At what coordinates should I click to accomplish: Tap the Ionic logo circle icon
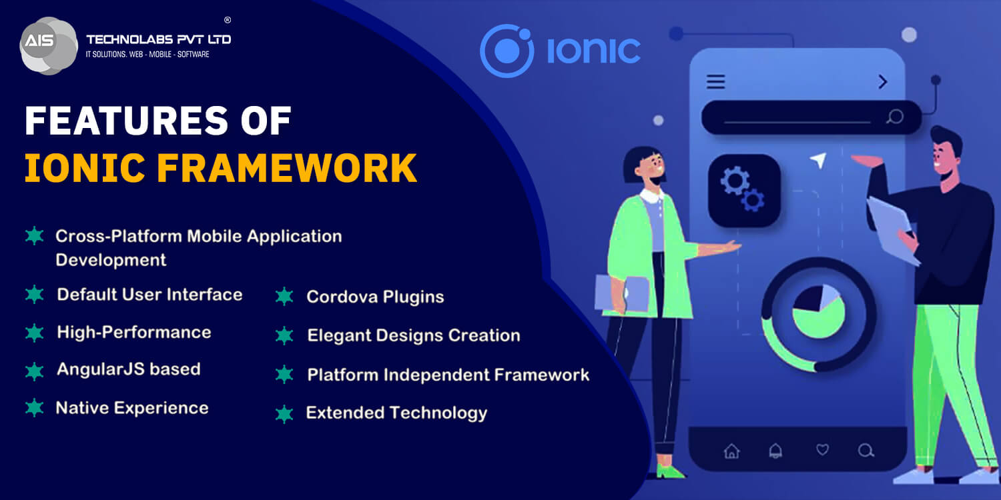[507, 51]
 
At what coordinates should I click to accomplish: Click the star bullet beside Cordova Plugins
[284, 297]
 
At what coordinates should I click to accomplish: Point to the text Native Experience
[132, 408]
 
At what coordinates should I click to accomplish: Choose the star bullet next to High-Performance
[34, 333]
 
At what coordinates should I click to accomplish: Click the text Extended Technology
[396, 413]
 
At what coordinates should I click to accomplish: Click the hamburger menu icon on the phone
[716, 81]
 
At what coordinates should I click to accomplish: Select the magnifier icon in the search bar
[895, 117]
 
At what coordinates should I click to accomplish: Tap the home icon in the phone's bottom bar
[732, 451]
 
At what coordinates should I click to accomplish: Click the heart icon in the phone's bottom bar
[822, 450]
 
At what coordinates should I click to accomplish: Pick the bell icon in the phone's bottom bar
[775, 451]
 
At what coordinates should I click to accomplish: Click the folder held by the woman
[622, 293]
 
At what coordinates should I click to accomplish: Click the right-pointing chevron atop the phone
[883, 81]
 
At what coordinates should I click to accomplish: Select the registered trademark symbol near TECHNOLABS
[228, 20]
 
